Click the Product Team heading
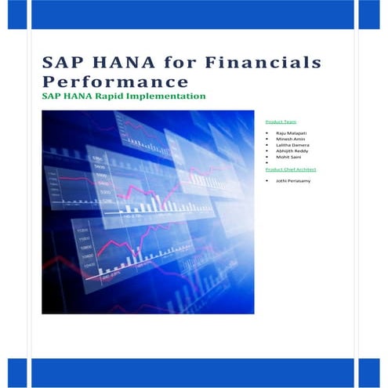tap(281, 122)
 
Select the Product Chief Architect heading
tap(291, 169)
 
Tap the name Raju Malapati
tap(290, 135)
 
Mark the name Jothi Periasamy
tap(291, 181)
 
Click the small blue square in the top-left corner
tap(16, 14)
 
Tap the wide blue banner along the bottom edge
tap(192, 373)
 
